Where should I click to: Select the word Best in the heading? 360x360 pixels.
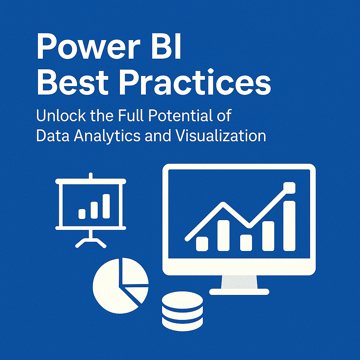pos(72,82)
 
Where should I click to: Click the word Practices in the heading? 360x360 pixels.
pos(195,82)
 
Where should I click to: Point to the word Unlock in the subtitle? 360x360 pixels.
pos(61,115)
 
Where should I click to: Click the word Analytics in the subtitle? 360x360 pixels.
pos(107,136)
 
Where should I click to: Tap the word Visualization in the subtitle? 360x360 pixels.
pos(220,135)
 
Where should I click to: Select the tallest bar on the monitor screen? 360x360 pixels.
pos(289,226)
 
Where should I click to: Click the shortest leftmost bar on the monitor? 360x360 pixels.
pos(202,244)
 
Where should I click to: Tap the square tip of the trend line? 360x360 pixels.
pos(289,188)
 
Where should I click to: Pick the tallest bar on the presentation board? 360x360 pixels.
pos(106,206)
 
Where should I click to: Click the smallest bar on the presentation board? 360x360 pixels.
pos(82,214)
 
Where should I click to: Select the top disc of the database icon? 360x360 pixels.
pos(182,300)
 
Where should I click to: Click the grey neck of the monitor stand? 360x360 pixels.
pos(239,282)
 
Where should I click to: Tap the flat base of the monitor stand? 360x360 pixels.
pos(239,292)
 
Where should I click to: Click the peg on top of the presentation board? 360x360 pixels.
pos(91,176)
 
